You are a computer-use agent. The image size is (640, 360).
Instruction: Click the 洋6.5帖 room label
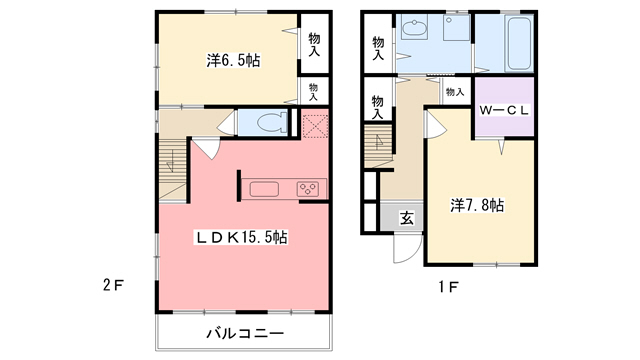tap(233, 61)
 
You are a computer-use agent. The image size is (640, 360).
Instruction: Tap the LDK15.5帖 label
tap(242, 238)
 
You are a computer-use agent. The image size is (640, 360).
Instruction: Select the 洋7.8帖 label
tap(477, 205)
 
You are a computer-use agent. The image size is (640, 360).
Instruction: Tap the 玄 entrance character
tap(407, 217)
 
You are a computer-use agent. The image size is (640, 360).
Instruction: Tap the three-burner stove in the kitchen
tap(306, 188)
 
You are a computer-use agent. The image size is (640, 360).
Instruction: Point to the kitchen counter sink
tap(266, 188)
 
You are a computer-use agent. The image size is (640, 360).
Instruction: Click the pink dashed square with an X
tap(316, 126)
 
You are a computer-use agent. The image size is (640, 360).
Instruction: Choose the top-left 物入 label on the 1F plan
tap(378, 48)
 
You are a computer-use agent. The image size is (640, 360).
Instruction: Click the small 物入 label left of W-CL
tap(454, 92)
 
